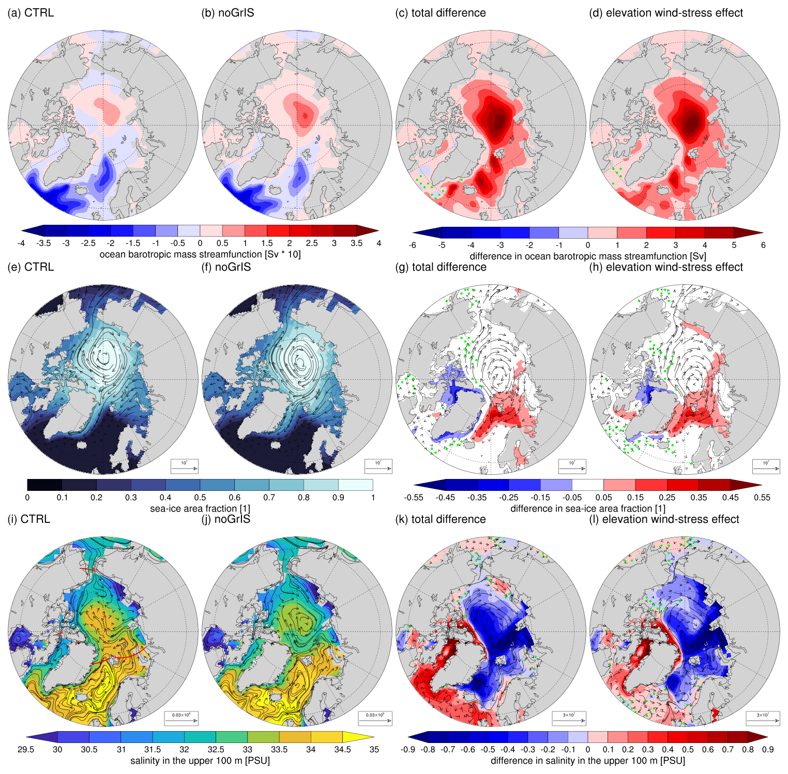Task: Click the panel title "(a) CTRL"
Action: point(31,13)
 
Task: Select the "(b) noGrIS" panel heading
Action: point(228,13)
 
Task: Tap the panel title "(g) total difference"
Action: point(441,267)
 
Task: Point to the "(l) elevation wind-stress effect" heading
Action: point(664,519)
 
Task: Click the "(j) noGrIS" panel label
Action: point(225,519)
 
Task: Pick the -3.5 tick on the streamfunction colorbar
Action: point(44,243)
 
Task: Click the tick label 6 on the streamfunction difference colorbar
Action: point(763,245)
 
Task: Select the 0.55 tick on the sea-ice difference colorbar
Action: point(762,498)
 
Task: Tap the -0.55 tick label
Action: point(412,498)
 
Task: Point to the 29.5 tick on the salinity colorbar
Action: point(25,750)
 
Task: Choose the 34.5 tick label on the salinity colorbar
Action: point(343,750)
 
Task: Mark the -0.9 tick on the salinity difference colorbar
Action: point(408,750)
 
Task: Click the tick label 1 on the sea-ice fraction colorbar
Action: point(373,498)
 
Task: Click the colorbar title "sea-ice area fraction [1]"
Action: point(200,508)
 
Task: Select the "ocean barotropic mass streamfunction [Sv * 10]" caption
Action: point(200,254)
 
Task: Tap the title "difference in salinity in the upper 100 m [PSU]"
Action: point(588,761)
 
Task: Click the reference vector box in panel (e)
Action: point(184,466)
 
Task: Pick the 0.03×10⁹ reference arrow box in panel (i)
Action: point(181,718)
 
